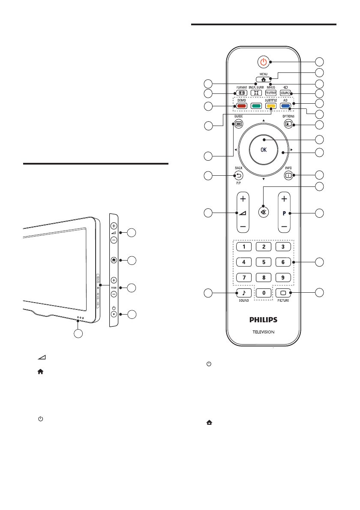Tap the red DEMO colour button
pyautogui.click(x=241, y=105)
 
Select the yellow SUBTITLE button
pyautogui.click(x=270, y=105)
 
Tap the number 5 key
pyautogui.click(x=264, y=261)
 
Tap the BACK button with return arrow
pyautogui.click(x=239, y=175)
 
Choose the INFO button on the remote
pyautogui.click(x=288, y=175)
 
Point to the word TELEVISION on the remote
pyautogui.click(x=263, y=332)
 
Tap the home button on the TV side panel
pyautogui.click(x=114, y=260)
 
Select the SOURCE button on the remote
pyautogui.click(x=286, y=92)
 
